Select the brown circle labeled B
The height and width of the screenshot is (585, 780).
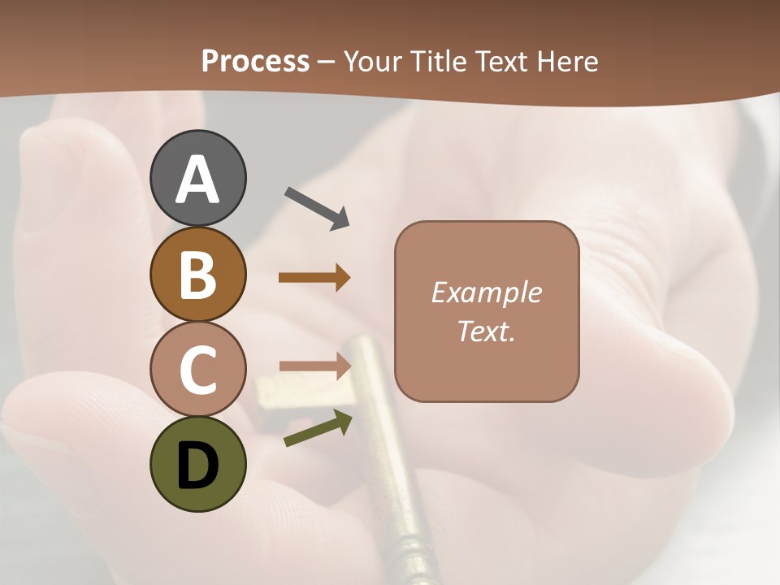point(197,275)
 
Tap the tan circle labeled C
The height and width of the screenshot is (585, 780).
point(197,369)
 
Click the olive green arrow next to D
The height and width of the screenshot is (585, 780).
point(318,429)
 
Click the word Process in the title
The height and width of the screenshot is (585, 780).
point(255,61)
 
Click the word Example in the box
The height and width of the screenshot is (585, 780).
point(486,292)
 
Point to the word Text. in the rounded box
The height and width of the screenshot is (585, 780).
point(486,331)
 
